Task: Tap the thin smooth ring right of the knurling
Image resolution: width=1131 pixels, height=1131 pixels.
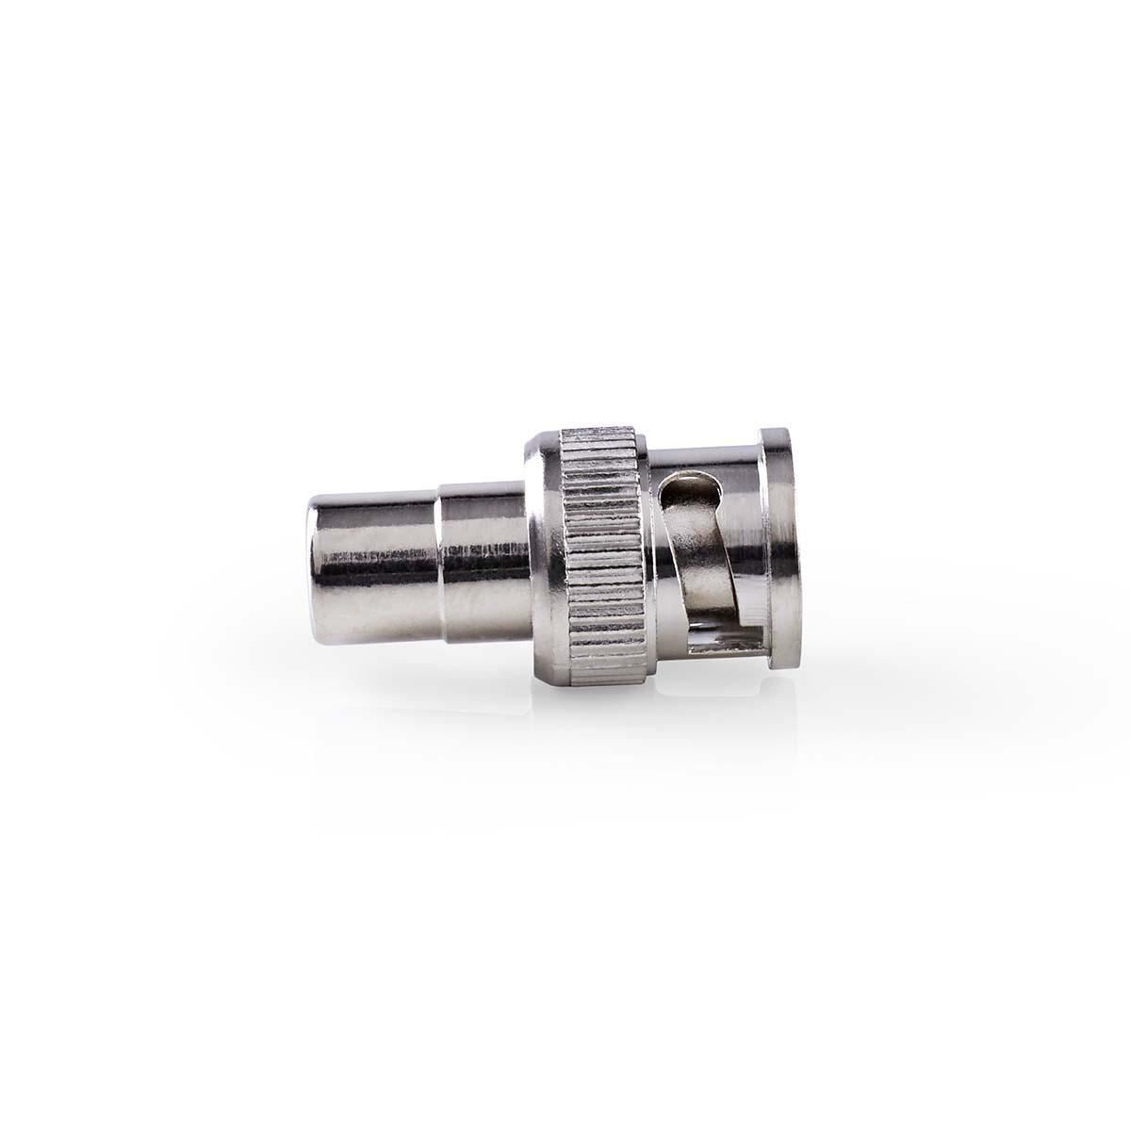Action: click(648, 556)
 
